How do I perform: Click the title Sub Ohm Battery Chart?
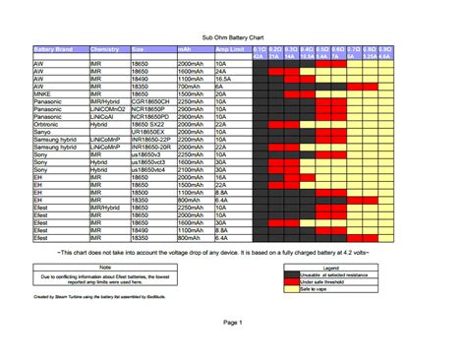coord(232,35)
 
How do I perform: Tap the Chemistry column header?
coord(104,48)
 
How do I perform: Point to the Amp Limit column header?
coord(229,48)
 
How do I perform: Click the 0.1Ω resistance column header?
coord(260,48)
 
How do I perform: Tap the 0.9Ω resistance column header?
coord(386,48)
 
